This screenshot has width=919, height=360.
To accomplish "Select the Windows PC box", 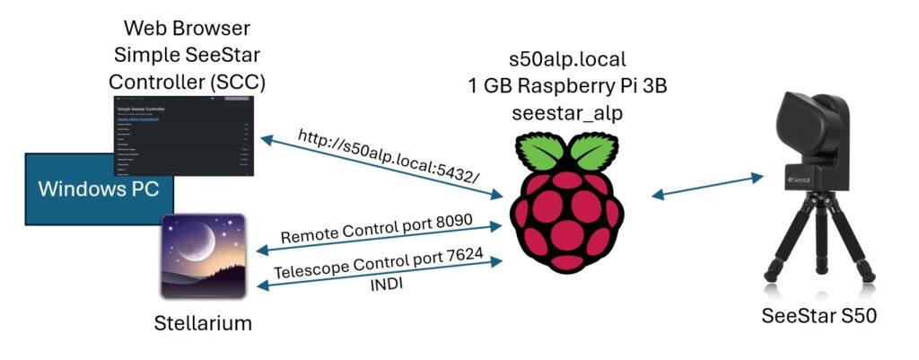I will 81,190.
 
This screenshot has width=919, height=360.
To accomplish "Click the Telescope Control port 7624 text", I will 380,265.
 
